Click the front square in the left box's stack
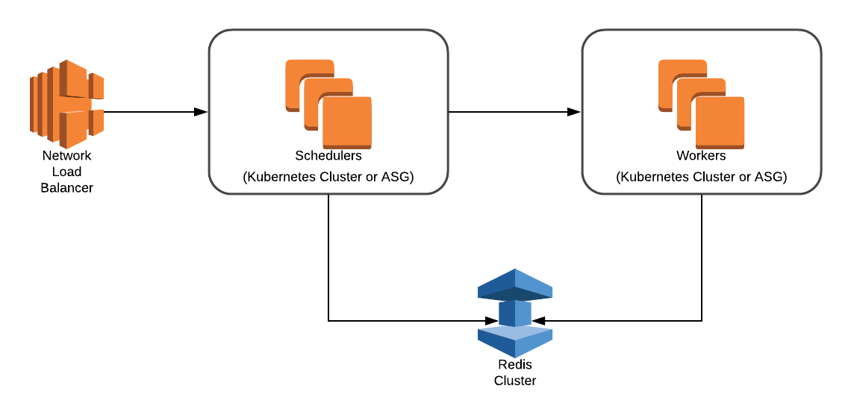pyautogui.click(x=347, y=122)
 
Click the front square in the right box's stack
pyautogui.click(x=720, y=122)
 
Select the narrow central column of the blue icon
pyautogui.click(x=515, y=313)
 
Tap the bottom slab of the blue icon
pyautogui.click(x=515, y=342)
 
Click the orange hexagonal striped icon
pyautogui.click(x=67, y=104)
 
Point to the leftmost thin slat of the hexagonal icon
pyautogui.click(x=33, y=104)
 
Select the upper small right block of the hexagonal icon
pyautogui.click(x=97, y=86)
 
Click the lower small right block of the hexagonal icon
pyautogui.click(x=97, y=122)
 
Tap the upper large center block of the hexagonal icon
pyautogui.click(x=74, y=80)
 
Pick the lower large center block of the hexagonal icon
pyautogui.click(x=74, y=129)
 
